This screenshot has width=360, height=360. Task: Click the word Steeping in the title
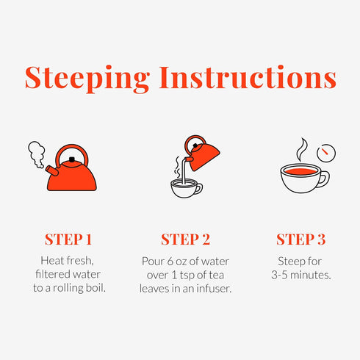pyautogui.click(x=87, y=79)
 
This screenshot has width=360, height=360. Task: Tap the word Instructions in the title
pyautogui.click(x=248, y=77)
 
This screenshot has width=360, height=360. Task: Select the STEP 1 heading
pyautogui.click(x=68, y=240)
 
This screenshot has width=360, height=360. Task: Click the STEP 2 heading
pyautogui.click(x=185, y=240)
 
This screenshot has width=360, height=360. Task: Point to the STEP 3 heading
pyautogui.click(x=301, y=240)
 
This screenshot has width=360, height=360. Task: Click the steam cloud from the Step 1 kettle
pyautogui.click(x=37, y=154)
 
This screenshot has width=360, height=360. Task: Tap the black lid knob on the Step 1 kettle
pyautogui.click(x=72, y=159)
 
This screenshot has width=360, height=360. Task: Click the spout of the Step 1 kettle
pyautogui.click(x=52, y=170)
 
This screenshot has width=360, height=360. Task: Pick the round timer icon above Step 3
pyautogui.click(x=326, y=153)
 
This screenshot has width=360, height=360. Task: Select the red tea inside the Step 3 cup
pyautogui.click(x=301, y=171)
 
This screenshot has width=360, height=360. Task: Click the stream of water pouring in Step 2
pyautogui.click(x=184, y=171)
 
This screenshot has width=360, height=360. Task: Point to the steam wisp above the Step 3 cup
pyautogui.click(x=302, y=149)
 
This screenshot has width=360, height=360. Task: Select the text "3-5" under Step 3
pyautogui.click(x=279, y=275)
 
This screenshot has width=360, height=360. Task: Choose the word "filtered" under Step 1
pyautogui.click(x=53, y=274)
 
